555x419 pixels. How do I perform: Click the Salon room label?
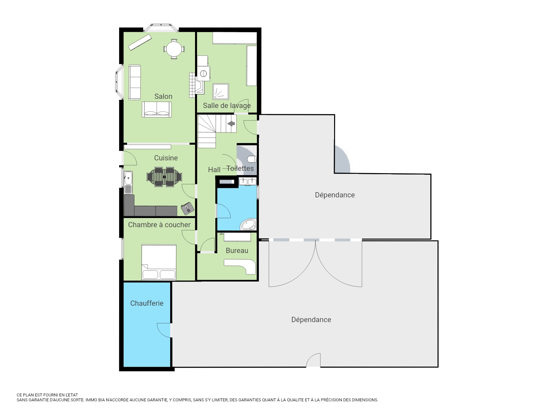pyautogui.click(x=163, y=96)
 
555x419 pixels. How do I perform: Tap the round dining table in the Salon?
pyautogui.click(x=174, y=49)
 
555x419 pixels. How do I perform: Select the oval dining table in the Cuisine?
pyautogui.click(x=164, y=177)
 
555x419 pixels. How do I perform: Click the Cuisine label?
pyautogui.click(x=166, y=158)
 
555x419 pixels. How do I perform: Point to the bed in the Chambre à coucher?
pyautogui.click(x=159, y=262)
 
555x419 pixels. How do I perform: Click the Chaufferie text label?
pyautogui.click(x=147, y=303)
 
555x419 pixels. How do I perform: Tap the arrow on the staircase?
pyautogui.click(x=231, y=123)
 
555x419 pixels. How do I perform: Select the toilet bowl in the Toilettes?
pyautogui.click(x=252, y=159)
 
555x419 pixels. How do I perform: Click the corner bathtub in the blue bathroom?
pyautogui.click(x=248, y=224)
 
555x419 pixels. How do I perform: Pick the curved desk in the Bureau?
pyautogui.click(x=242, y=265)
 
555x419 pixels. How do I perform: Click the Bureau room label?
pyautogui.click(x=237, y=250)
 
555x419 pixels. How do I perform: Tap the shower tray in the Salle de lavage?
pyautogui.click(x=221, y=91)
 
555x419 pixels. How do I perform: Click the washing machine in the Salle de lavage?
pyautogui.click(x=203, y=74)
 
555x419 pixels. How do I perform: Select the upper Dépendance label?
pyautogui.click(x=335, y=195)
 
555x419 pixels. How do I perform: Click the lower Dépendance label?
pyautogui.click(x=311, y=319)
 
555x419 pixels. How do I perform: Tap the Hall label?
pyautogui.click(x=214, y=170)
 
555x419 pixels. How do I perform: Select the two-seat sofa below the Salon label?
pyautogui.click(x=157, y=109)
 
